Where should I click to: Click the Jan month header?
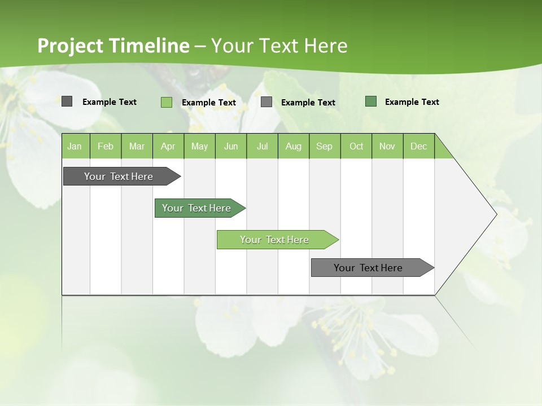click(x=75, y=146)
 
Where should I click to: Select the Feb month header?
click(x=106, y=146)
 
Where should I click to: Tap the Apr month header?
click(x=168, y=146)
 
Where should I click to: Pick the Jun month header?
click(x=231, y=146)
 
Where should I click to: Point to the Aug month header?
click(x=293, y=146)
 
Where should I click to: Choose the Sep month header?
click(x=324, y=146)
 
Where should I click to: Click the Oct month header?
click(x=356, y=146)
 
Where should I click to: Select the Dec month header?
click(x=418, y=146)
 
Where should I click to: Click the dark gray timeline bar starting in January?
click(x=119, y=176)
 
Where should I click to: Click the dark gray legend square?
click(x=67, y=101)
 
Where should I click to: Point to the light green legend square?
click(x=167, y=102)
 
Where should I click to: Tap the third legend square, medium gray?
click(x=266, y=102)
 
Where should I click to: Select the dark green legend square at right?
click(x=371, y=101)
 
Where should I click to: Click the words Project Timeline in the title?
click(x=113, y=46)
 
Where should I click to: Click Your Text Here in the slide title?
click(x=279, y=46)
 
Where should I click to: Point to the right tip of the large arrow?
click(x=495, y=214)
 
